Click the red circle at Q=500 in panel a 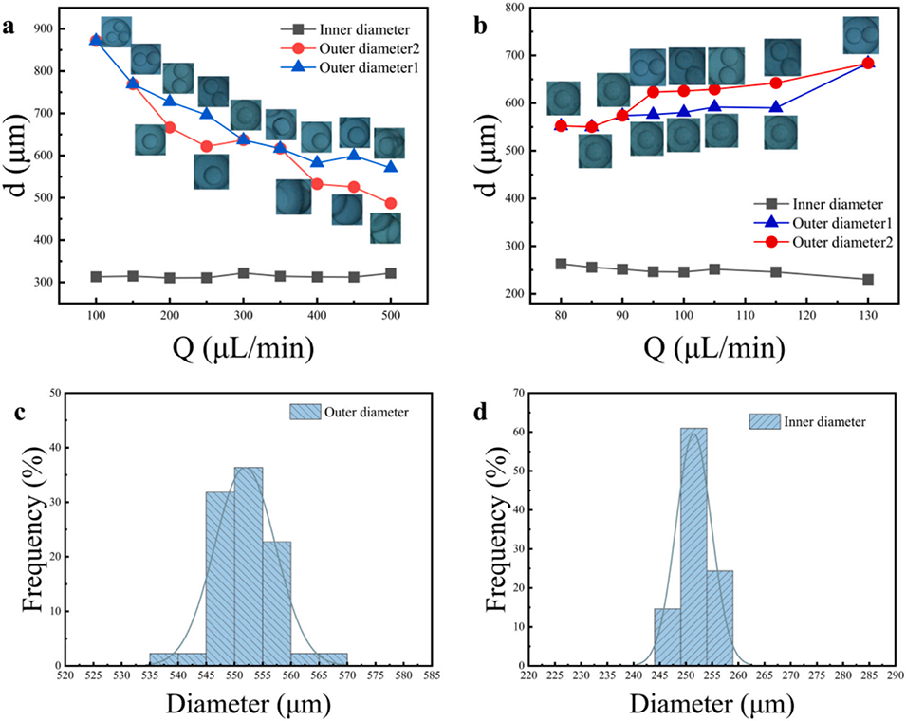(x=391, y=204)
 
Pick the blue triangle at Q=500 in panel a (x=391, y=167)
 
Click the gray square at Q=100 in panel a (x=96, y=277)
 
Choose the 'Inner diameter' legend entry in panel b (x=824, y=202)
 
